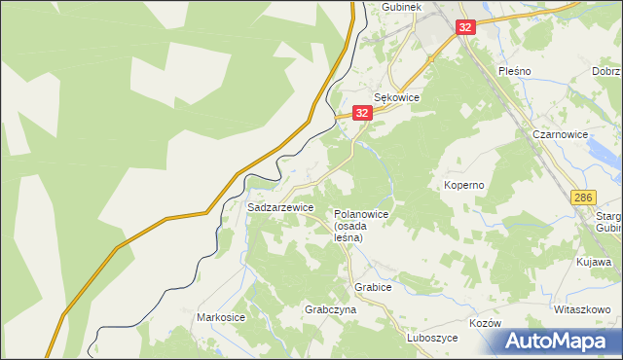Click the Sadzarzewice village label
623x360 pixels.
[280, 208]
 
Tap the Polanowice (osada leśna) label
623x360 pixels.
[361, 226]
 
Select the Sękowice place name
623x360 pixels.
[396, 98]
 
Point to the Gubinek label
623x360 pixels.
[400, 6]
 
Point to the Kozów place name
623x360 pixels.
[484, 323]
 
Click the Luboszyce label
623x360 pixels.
[432, 338]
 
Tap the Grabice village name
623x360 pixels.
[373, 288]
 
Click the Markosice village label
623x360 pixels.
[221, 318]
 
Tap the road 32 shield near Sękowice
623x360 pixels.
[362, 114]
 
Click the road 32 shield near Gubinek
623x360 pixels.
[465, 27]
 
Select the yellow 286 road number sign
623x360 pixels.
[583, 198]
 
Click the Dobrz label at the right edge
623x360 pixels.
[606, 72]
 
